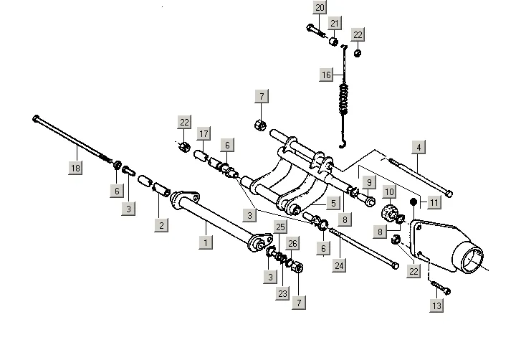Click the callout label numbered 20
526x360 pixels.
[x=320, y=8]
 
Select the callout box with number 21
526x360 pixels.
[x=333, y=24]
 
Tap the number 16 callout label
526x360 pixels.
[x=326, y=75]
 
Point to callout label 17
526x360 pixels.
[x=204, y=133]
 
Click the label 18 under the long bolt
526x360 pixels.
[x=75, y=168]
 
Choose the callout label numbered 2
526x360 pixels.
[x=161, y=226]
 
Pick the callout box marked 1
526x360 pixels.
[x=206, y=242]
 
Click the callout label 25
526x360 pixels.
[x=280, y=227]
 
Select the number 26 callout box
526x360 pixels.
[x=292, y=243]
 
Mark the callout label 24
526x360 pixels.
[x=338, y=266]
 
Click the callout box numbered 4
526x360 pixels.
[x=419, y=148]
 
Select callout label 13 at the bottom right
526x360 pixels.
[x=436, y=305]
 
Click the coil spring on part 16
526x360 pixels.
[x=347, y=97]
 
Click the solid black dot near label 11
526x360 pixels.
[x=413, y=203]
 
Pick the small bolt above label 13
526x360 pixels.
[x=440, y=288]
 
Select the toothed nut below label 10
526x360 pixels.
[x=391, y=213]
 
